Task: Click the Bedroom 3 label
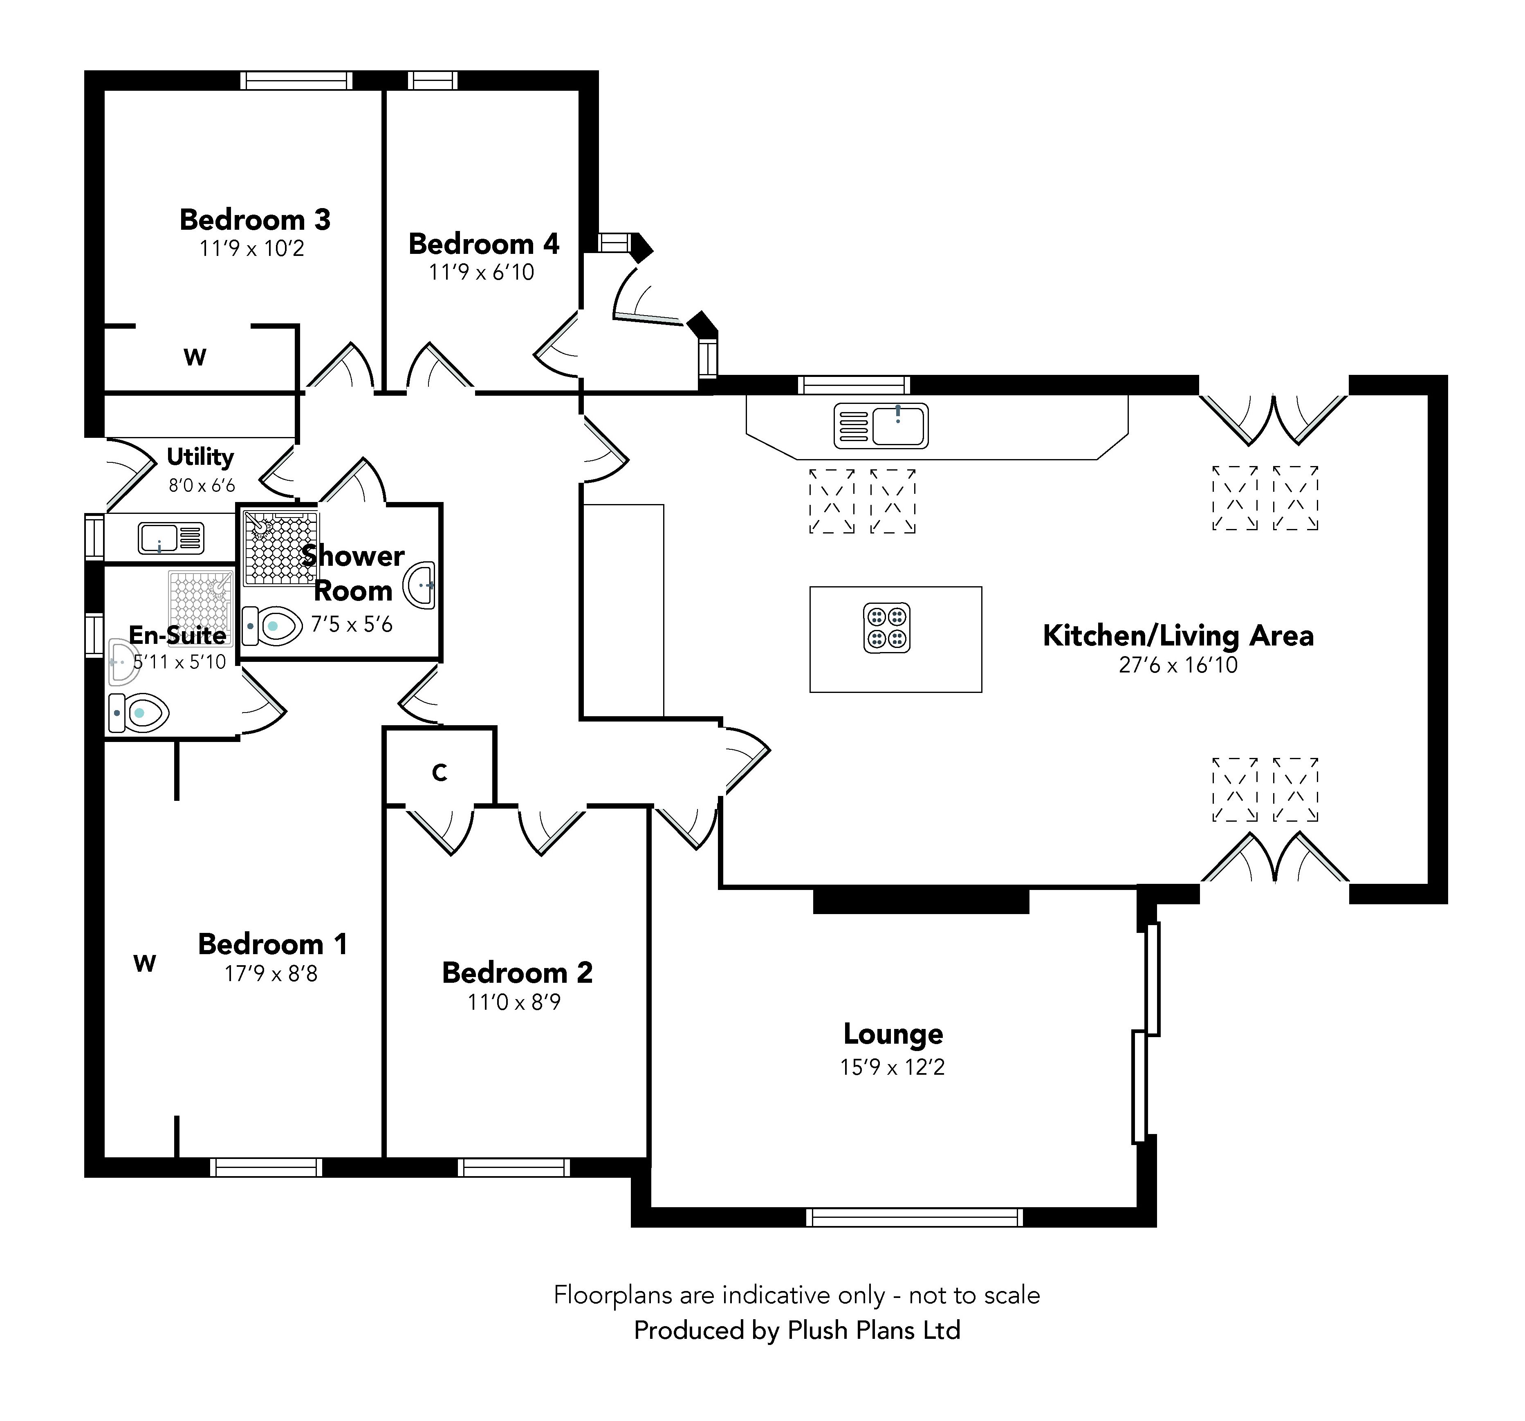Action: tap(255, 220)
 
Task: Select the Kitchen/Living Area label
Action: tap(1177, 636)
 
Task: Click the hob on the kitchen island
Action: tap(887, 627)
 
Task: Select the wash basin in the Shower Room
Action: tap(420, 585)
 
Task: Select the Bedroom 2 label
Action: tap(517, 973)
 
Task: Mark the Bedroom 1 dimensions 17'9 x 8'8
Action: tap(271, 974)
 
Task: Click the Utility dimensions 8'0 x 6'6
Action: tap(202, 485)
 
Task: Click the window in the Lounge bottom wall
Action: tap(914, 1217)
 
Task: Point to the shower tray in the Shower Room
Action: tap(279, 547)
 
